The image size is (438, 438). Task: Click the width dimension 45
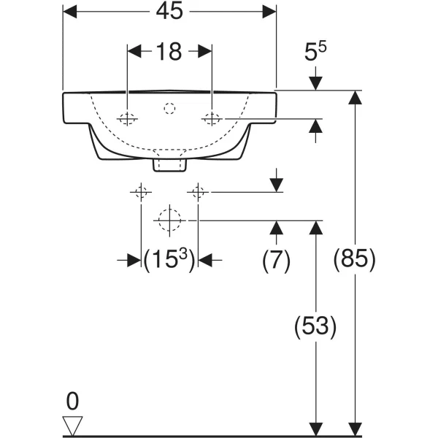point(169,10)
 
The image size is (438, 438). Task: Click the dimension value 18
point(169,52)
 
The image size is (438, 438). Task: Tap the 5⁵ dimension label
point(316,53)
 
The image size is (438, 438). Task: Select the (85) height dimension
point(354,258)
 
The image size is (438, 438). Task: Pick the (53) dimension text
point(315,326)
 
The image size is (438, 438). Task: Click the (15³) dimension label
point(169,259)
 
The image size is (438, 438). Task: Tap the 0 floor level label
point(72,401)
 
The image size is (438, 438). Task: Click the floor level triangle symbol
point(73,425)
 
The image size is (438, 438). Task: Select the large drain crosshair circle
point(169,220)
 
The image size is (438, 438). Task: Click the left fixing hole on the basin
point(128,118)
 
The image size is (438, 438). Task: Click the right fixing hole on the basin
point(212,118)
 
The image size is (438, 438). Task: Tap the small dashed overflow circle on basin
point(169,108)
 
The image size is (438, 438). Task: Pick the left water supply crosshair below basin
point(140,192)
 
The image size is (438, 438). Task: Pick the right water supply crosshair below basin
point(197,192)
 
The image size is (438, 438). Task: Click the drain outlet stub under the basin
point(169,165)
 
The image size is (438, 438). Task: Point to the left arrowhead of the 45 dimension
point(70,10)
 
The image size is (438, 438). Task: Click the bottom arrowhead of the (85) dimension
point(355,429)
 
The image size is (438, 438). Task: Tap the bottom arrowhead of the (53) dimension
point(315,429)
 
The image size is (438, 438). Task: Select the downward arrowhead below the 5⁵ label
point(315,83)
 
